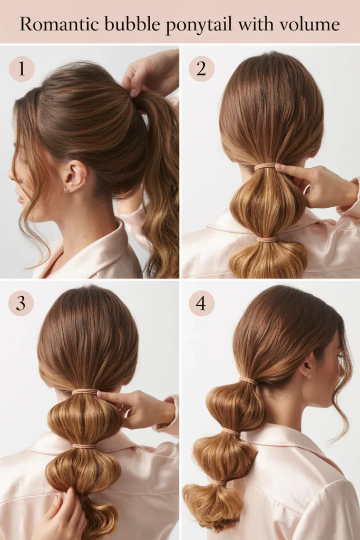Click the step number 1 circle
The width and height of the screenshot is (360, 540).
(x=22, y=69)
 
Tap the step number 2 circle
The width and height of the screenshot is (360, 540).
(x=202, y=69)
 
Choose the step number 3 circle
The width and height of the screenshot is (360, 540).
(x=21, y=303)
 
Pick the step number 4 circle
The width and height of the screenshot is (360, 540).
(x=201, y=303)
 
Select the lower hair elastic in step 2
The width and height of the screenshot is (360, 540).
(x=266, y=239)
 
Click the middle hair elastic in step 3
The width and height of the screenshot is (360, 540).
(x=84, y=447)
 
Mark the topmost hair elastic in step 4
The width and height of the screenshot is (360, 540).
(x=248, y=381)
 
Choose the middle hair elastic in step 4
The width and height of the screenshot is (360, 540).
(x=230, y=432)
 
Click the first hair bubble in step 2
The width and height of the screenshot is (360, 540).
(x=266, y=203)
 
